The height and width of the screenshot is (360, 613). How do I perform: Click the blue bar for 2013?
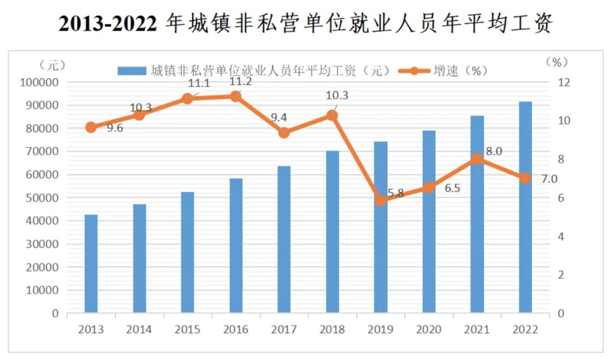point(91,263)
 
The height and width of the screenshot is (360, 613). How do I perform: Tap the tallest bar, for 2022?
point(525,207)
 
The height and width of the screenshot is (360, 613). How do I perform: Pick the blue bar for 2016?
point(236,245)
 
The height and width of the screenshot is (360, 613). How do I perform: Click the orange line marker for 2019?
point(381,200)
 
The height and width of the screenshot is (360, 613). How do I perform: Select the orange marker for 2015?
point(187,98)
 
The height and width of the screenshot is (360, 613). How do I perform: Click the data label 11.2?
point(241,83)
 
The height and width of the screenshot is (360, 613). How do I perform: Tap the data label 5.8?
point(396,193)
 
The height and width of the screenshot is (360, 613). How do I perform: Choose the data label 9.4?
point(279,118)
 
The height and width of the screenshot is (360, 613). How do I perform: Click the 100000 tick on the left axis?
point(39,83)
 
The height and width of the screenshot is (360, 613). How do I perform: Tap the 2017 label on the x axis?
point(284,329)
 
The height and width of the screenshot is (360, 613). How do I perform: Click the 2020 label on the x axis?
point(429,329)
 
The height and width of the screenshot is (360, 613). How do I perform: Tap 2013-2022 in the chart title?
point(108,24)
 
